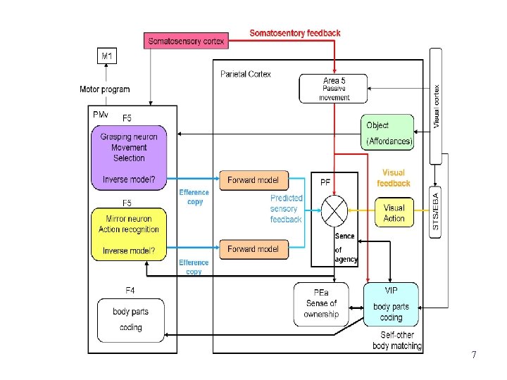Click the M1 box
[x=107, y=54]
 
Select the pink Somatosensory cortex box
[x=187, y=41]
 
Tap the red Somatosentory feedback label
[x=295, y=32]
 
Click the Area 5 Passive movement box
[x=334, y=89]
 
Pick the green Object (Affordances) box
[x=388, y=133]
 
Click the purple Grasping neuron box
[x=129, y=158]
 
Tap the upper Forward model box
[x=254, y=180]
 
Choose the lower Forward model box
[x=254, y=249]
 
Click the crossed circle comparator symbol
[x=334, y=209]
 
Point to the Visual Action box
[x=394, y=213]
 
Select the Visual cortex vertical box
[x=436, y=106]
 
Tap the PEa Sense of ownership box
[x=321, y=303]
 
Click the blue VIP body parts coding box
[x=391, y=303]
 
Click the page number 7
[x=474, y=355]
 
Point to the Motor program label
[x=104, y=89]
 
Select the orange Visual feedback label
[x=394, y=178]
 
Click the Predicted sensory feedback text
[x=286, y=209]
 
